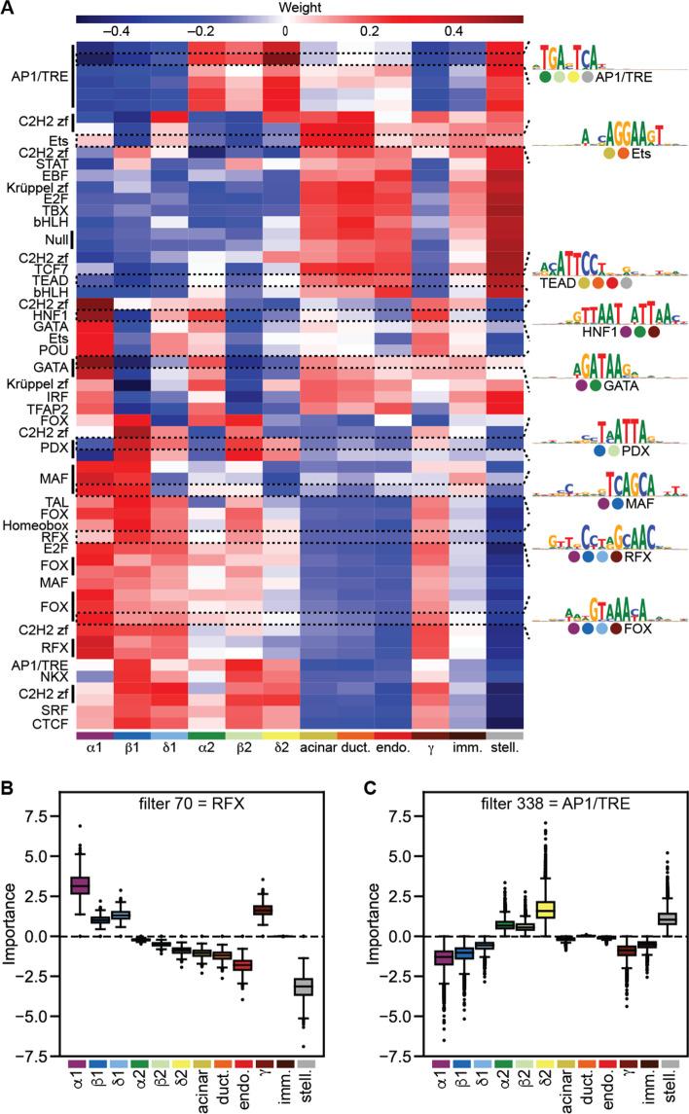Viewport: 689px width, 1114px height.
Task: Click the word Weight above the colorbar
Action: point(284,7)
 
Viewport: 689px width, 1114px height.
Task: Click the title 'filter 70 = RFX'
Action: point(197,774)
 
